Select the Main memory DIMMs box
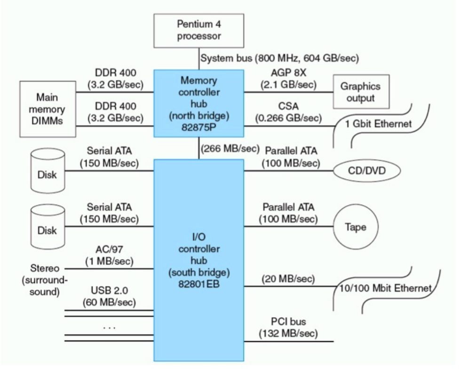(47, 109)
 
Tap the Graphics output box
(361, 92)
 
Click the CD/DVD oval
(367, 170)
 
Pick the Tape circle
(356, 228)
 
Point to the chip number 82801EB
(199, 282)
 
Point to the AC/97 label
(109, 250)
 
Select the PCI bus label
(288, 322)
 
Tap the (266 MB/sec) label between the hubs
(230, 149)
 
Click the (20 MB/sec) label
(288, 279)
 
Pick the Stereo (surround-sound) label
(45, 280)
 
